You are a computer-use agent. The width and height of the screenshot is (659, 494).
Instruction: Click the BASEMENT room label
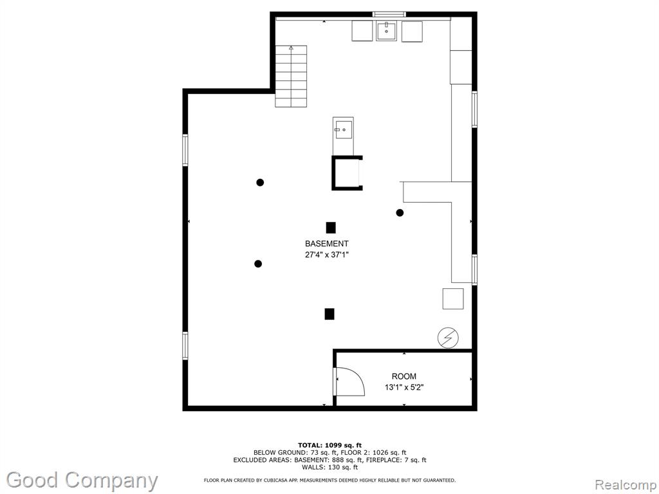pos(326,244)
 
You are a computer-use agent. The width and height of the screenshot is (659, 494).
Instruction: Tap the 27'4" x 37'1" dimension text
pos(327,255)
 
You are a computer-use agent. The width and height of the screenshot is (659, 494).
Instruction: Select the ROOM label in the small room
pos(404,376)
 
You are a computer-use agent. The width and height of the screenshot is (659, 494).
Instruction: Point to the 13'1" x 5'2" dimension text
pos(404,387)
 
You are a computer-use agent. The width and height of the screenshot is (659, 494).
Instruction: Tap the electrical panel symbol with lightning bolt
pos(448,337)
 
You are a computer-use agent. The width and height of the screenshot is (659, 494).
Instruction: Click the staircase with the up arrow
pos(291,76)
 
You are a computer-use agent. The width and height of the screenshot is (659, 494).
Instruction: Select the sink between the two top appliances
pos(386,31)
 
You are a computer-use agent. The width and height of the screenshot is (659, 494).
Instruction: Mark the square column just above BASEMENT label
pos(331,227)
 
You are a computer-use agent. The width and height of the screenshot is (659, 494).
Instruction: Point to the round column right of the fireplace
pos(400,212)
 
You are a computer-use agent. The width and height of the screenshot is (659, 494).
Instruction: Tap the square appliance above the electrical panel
pos(453,298)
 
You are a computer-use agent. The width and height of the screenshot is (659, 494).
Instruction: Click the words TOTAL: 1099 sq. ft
pos(329,445)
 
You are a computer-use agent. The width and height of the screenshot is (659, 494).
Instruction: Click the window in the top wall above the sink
pos(389,14)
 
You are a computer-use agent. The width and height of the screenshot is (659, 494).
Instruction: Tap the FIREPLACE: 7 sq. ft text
pos(396,460)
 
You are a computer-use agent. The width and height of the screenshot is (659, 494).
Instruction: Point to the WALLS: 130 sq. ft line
pos(329,467)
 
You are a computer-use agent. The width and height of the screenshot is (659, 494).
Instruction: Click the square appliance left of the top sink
pos(362,31)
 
